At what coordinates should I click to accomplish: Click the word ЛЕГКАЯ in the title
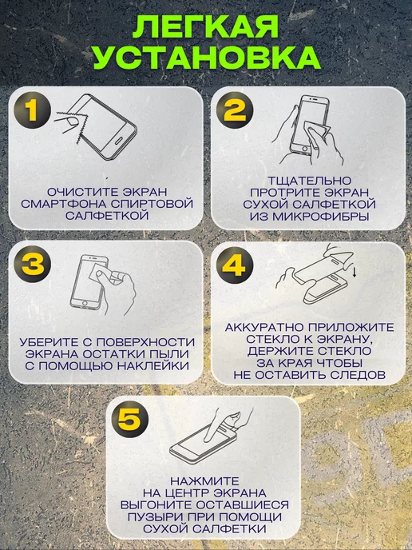pos(205,26)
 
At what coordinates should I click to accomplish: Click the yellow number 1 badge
pos(32,110)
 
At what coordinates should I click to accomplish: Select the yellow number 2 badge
pos(235,110)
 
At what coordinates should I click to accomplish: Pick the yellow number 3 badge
pos(32,264)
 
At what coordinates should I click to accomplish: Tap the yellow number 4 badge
pos(235,265)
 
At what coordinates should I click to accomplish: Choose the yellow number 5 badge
pos(129,419)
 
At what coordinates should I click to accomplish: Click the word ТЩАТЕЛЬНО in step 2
pos(309,181)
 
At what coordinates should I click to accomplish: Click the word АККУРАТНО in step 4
pos(265,328)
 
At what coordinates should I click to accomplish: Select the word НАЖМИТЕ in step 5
pos(204,481)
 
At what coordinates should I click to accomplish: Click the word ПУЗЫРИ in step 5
pos(153,517)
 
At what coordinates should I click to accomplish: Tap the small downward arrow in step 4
pos(355,272)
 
